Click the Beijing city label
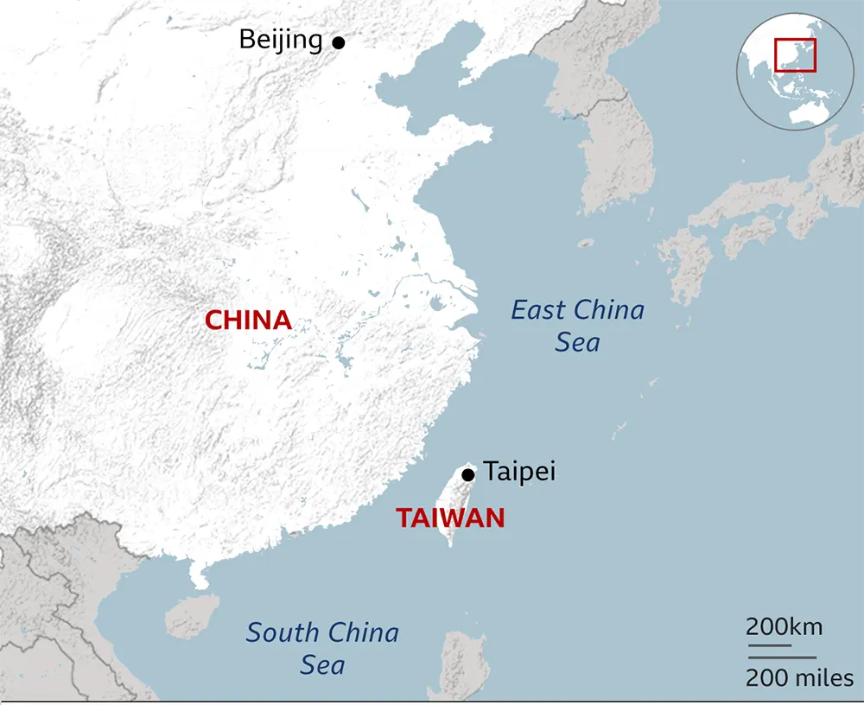pyautogui.click(x=280, y=40)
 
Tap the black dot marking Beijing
pyautogui.click(x=339, y=41)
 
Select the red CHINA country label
pyautogui.click(x=248, y=321)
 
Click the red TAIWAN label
pyautogui.click(x=450, y=518)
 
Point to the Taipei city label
pyautogui.click(x=519, y=472)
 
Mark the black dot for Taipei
pyautogui.click(x=468, y=474)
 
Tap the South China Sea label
pyautogui.click(x=322, y=648)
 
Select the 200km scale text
pyautogui.click(x=784, y=626)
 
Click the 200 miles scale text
pyautogui.click(x=799, y=678)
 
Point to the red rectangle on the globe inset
pyautogui.click(x=795, y=54)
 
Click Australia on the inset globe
pyautogui.click(x=808, y=111)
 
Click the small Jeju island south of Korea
pyautogui.click(x=586, y=244)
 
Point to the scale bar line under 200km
pyautogui.click(x=768, y=645)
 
